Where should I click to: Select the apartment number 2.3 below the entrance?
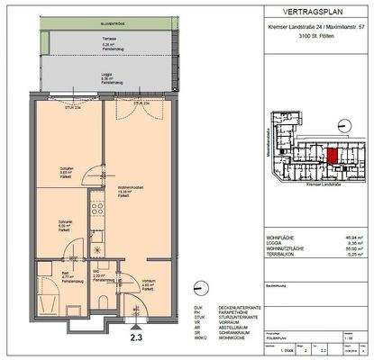point(135,338)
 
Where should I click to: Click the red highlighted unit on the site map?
point(333,154)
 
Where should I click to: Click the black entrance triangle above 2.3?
point(135,323)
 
